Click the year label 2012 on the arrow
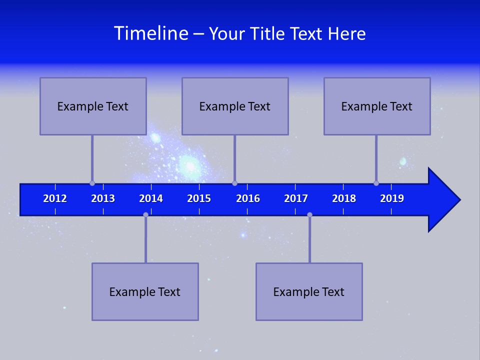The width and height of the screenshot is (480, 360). tap(55, 198)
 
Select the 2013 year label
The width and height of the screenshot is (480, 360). tap(103, 198)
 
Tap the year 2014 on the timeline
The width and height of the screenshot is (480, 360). tap(151, 198)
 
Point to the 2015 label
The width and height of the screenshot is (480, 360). tap(199, 198)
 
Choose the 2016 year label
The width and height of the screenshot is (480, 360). tap(248, 198)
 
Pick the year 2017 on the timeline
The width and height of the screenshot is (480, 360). tap(296, 198)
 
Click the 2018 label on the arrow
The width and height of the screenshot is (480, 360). tap(344, 198)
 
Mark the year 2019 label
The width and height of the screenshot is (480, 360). tap(392, 198)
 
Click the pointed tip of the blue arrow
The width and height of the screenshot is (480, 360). tap(458, 199)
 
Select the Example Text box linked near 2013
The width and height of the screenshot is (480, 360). tap(93, 106)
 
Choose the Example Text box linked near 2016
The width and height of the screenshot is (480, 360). tap(235, 106)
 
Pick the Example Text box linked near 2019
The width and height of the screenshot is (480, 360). tap(377, 106)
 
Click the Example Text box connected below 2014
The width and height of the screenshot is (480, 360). tap(145, 291)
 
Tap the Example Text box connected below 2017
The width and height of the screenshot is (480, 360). tap(309, 291)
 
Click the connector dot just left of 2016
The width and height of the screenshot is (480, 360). tap(234, 183)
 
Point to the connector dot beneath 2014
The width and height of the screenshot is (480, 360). tap(145, 214)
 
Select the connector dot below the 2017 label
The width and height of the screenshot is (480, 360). tap(309, 214)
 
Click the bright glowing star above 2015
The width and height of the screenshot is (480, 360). tap(189, 163)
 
